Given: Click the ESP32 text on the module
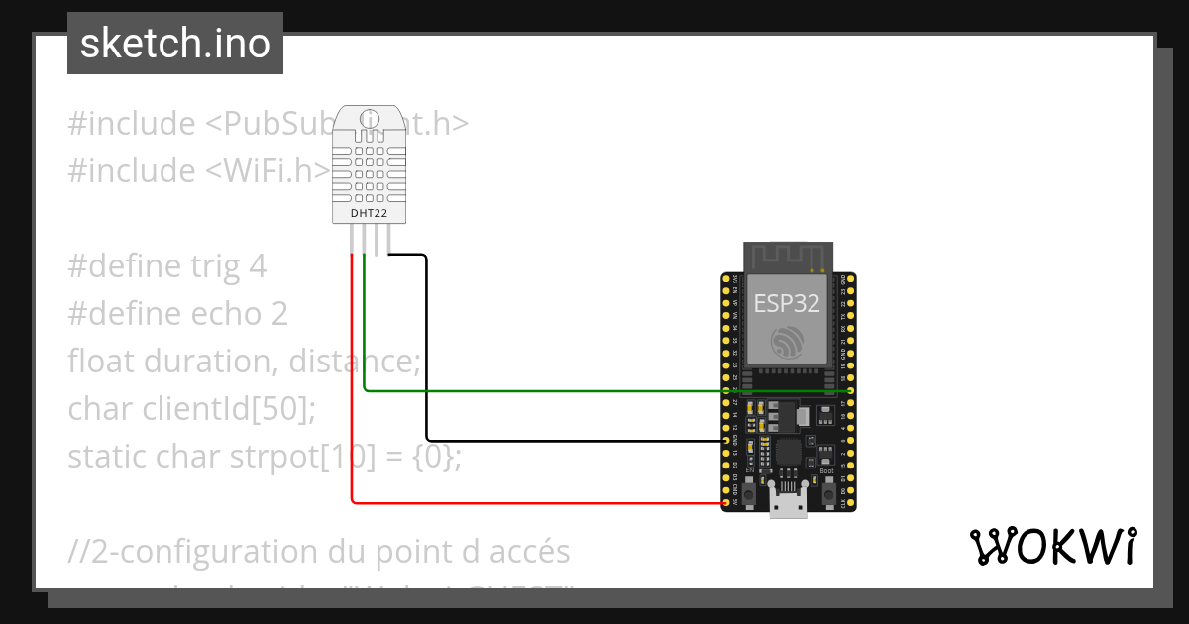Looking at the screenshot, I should tap(787, 303).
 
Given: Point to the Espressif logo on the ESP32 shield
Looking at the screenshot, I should tap(788, 343).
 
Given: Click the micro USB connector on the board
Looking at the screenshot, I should tap(789, 504).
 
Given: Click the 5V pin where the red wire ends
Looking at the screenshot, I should tap(727, 503).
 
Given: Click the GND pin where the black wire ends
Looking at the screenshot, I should tap(727, 440).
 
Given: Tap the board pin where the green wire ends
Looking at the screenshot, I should tap(850, 391).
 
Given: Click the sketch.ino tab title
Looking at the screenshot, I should tap(175, 44).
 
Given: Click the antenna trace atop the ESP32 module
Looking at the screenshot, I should tap(788, 257).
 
